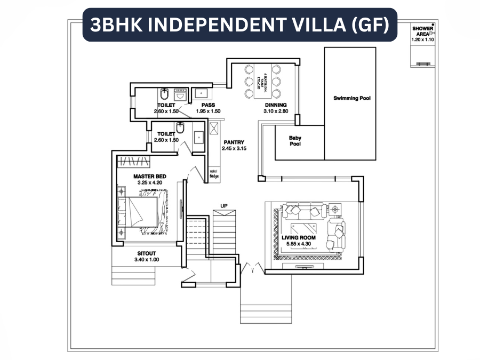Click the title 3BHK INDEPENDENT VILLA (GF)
pos(239,25)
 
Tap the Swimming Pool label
pos(351,98)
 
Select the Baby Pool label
pos(295,141)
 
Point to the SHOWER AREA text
pos(422,31)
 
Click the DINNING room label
pos(276,105)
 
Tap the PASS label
pos(208,105)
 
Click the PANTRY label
pos(234,142)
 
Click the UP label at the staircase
pos(224,205)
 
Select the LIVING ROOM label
pos(299,238)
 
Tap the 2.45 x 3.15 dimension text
pos(234,149)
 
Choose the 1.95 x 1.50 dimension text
pos(208,111)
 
